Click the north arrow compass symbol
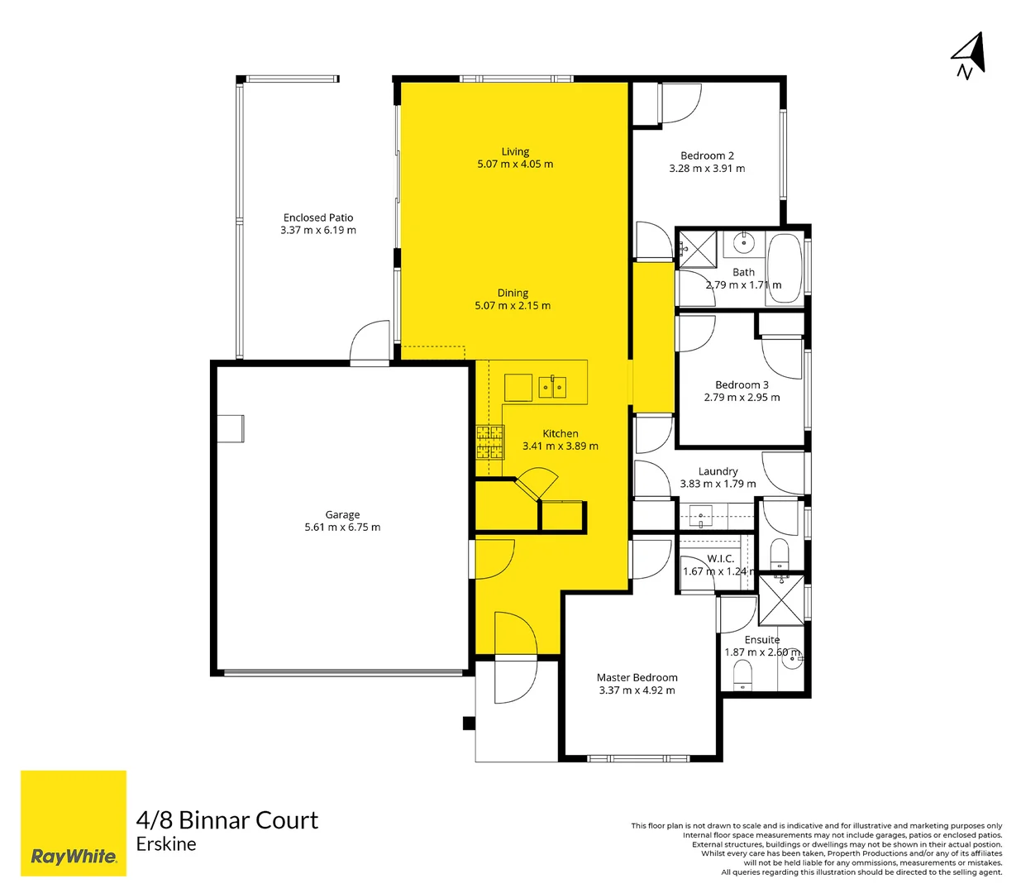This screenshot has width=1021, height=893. pos(968,55)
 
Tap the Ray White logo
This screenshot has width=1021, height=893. pos(74,823)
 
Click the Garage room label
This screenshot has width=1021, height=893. pos(342,514)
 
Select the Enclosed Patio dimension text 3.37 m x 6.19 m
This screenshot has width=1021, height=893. pos(318,231)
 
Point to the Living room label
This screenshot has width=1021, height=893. pos(515,151)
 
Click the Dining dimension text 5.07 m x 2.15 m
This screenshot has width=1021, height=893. pos(513,306)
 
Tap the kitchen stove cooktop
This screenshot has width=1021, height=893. pos(490,442)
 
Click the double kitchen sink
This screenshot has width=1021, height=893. pos(552,387)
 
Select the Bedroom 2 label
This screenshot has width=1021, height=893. pos(707,155)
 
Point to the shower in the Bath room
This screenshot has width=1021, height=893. pos(697,248)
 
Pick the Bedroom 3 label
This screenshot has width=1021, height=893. pos(742,384)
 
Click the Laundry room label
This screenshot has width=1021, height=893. pos(718,471)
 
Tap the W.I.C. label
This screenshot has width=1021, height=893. pos(720,559)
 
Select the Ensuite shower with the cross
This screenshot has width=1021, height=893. pos(781,600)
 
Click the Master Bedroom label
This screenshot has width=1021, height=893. pos(637,677)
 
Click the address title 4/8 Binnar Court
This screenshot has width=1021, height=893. pos(227,820)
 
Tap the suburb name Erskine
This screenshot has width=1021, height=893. pos(166,844)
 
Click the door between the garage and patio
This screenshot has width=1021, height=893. pos(370,342)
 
